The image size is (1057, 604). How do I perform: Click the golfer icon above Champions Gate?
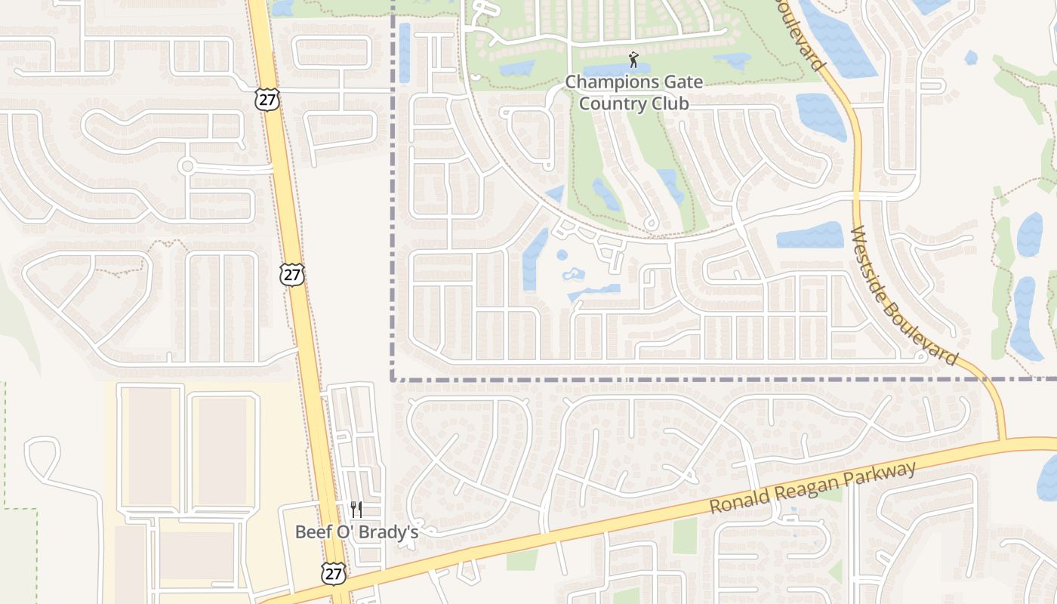coord(633,60)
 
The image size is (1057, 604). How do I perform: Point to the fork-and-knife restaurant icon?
coord(356,510)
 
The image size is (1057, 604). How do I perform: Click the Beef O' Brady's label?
coord(356,532)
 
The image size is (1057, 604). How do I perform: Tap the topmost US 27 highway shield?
coord(267,98)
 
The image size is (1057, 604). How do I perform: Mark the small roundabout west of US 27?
coord(186,165)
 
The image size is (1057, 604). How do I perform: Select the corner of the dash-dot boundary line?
coord(393,379)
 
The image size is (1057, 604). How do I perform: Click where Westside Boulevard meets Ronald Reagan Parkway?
coord(1003,439)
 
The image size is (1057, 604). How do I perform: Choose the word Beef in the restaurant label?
coord(311,532)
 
